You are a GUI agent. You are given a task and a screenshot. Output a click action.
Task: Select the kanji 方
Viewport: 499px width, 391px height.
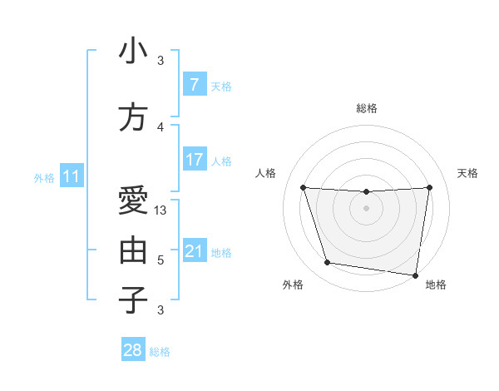(133, 117)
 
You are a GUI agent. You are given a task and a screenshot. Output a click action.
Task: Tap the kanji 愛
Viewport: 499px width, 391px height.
(133, 200)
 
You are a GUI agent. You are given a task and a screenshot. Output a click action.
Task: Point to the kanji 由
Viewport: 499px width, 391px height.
(133, 250)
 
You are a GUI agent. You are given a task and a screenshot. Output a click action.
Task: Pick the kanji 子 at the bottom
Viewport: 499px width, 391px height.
(133, 300)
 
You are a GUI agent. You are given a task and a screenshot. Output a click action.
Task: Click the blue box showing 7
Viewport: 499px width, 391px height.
(194, 85)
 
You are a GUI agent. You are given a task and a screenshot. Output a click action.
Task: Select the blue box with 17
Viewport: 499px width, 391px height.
(194, 159)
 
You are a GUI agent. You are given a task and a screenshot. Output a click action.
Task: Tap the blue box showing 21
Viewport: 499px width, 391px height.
(194, 251)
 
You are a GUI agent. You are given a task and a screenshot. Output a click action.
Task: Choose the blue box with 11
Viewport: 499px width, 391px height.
(71, 176)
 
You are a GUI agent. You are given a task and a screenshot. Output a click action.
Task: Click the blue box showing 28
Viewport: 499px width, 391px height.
(133, 350)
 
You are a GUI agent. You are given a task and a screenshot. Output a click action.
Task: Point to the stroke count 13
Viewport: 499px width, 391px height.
(161, 210)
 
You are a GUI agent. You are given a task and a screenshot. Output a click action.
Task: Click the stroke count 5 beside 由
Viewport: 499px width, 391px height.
(161, 260)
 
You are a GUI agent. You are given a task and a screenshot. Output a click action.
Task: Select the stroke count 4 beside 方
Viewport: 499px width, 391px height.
(161, 126)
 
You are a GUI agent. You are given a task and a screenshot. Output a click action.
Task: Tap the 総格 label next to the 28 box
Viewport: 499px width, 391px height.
(160, 352)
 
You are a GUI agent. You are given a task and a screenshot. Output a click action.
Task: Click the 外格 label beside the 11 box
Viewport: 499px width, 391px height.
(44, 177)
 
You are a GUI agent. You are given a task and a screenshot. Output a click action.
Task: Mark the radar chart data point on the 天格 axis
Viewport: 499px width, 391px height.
(429, 187)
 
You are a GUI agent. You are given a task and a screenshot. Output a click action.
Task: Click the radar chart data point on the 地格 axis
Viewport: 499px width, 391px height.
(416, 275)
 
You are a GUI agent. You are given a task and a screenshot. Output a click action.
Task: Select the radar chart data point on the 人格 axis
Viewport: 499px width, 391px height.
(303, 187)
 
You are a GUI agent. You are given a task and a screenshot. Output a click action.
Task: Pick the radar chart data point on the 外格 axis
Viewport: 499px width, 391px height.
(327, 263)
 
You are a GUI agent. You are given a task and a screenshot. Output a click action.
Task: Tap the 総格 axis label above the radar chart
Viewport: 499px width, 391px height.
(367, 108)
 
